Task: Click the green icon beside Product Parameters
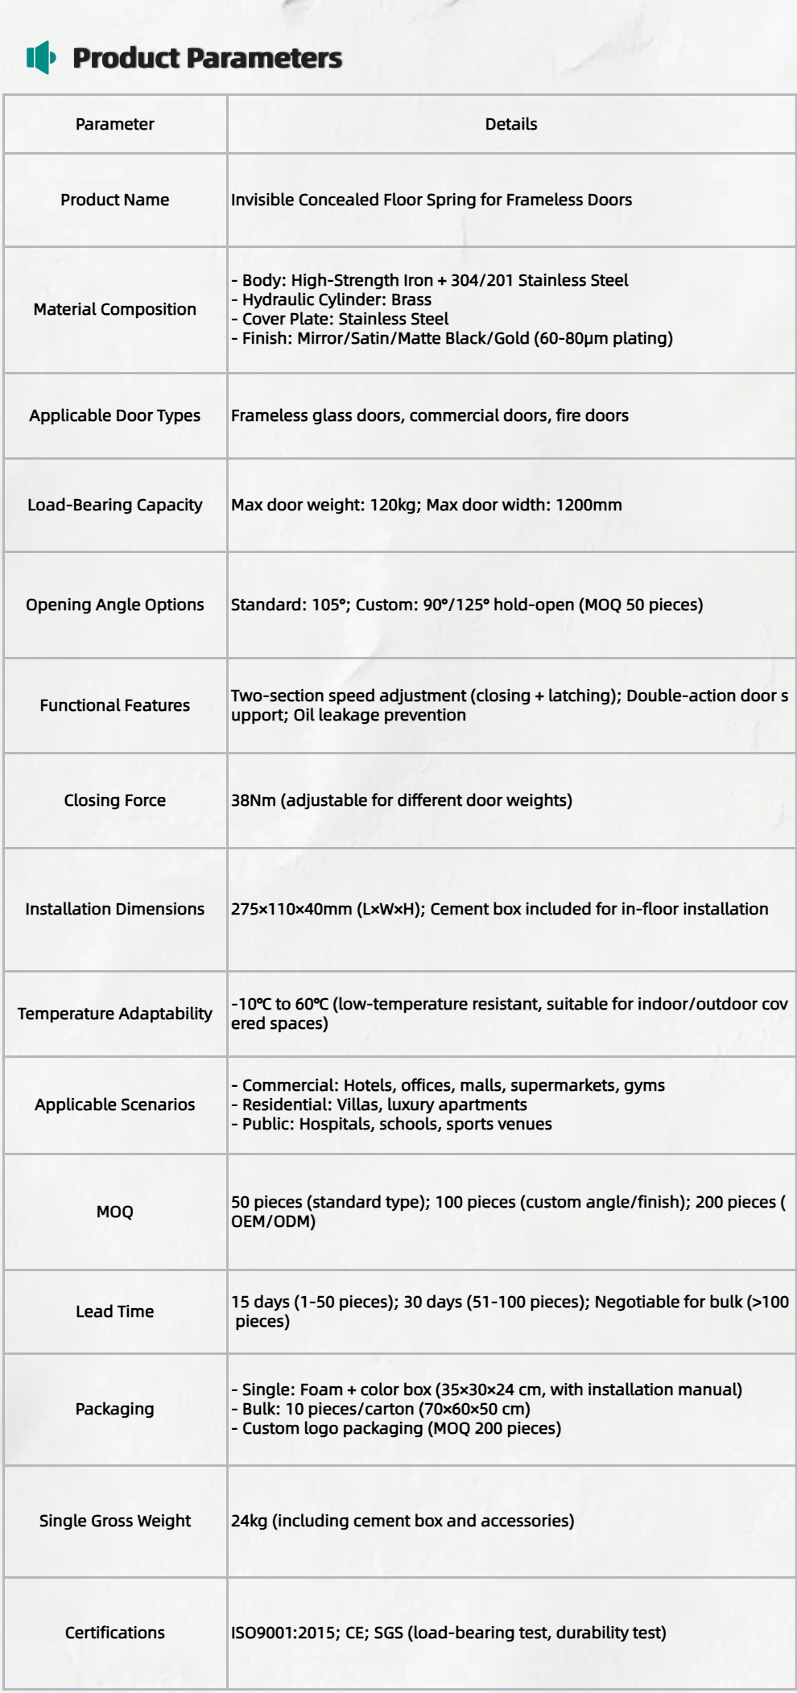[x=41, y=57]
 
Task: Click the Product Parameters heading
[x=207, y=58]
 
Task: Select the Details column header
[x=510, y=124]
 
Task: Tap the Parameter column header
[x=114, y=124]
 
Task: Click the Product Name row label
[x=114, y=200]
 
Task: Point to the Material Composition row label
[x=114, y=309]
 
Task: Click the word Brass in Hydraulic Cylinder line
[x=411, y=299]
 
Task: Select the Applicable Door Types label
[x=114, y=415]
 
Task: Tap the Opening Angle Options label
[x=114, y=605]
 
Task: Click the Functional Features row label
[x=114, y=705]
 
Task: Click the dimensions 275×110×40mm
[x=291, y=909]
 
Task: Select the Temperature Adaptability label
[x=114, y=1014]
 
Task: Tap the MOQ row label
[x=114, y=1212]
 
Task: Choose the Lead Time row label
[x=114, y=1311]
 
